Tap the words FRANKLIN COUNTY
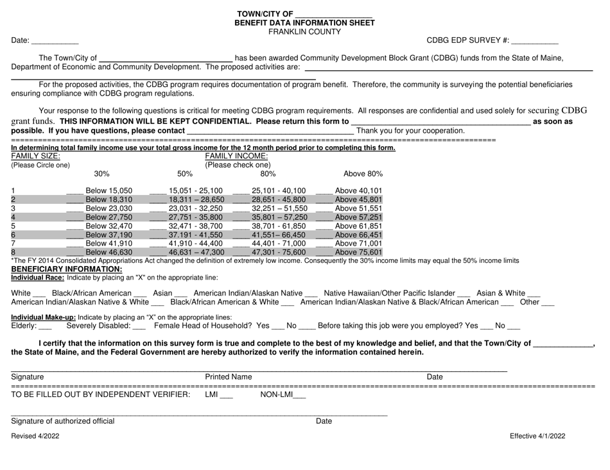pos(304,31)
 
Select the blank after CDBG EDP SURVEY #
pos(535,42)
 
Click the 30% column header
pos(101,174)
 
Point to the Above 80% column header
pos(363,174)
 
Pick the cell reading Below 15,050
pos(109,190)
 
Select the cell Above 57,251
pos(359,217)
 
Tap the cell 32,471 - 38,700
pos(195,226)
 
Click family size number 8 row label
pos(13,253)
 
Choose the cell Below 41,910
pos(109,244)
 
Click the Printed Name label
pos(228,377)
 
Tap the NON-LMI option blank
pos(299,395)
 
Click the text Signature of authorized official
pos(63,421)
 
